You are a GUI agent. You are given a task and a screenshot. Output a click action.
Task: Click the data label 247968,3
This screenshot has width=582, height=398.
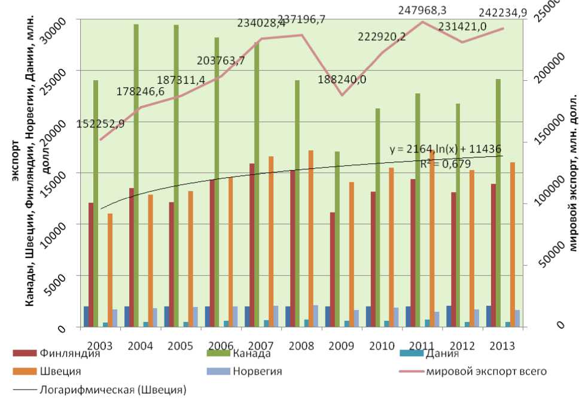click(412, 11)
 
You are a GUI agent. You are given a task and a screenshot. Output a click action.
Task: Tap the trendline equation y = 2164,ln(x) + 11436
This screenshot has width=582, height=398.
click(446, 149)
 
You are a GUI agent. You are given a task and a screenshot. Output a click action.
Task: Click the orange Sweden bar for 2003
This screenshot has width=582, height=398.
click(110, 270)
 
